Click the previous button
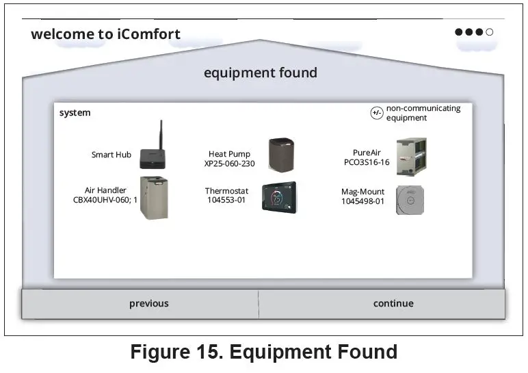point(148,303)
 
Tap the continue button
point(393,303)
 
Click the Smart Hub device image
point(153,159)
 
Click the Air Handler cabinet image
point(154,198)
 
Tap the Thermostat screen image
point(279,197)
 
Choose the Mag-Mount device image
point(410,200)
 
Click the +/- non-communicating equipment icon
point(377,113)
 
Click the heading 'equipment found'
point(260,73)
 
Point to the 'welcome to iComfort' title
point(105,34)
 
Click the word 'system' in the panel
point(75,112)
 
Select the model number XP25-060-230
point(229,164)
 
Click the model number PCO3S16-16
point(367,163)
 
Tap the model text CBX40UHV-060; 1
point(105,201)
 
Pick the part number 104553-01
point(226,201)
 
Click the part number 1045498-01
point(362,202)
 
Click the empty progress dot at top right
point(490,31)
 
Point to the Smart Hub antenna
point(161,134)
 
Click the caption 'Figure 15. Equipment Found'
point(263,352)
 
